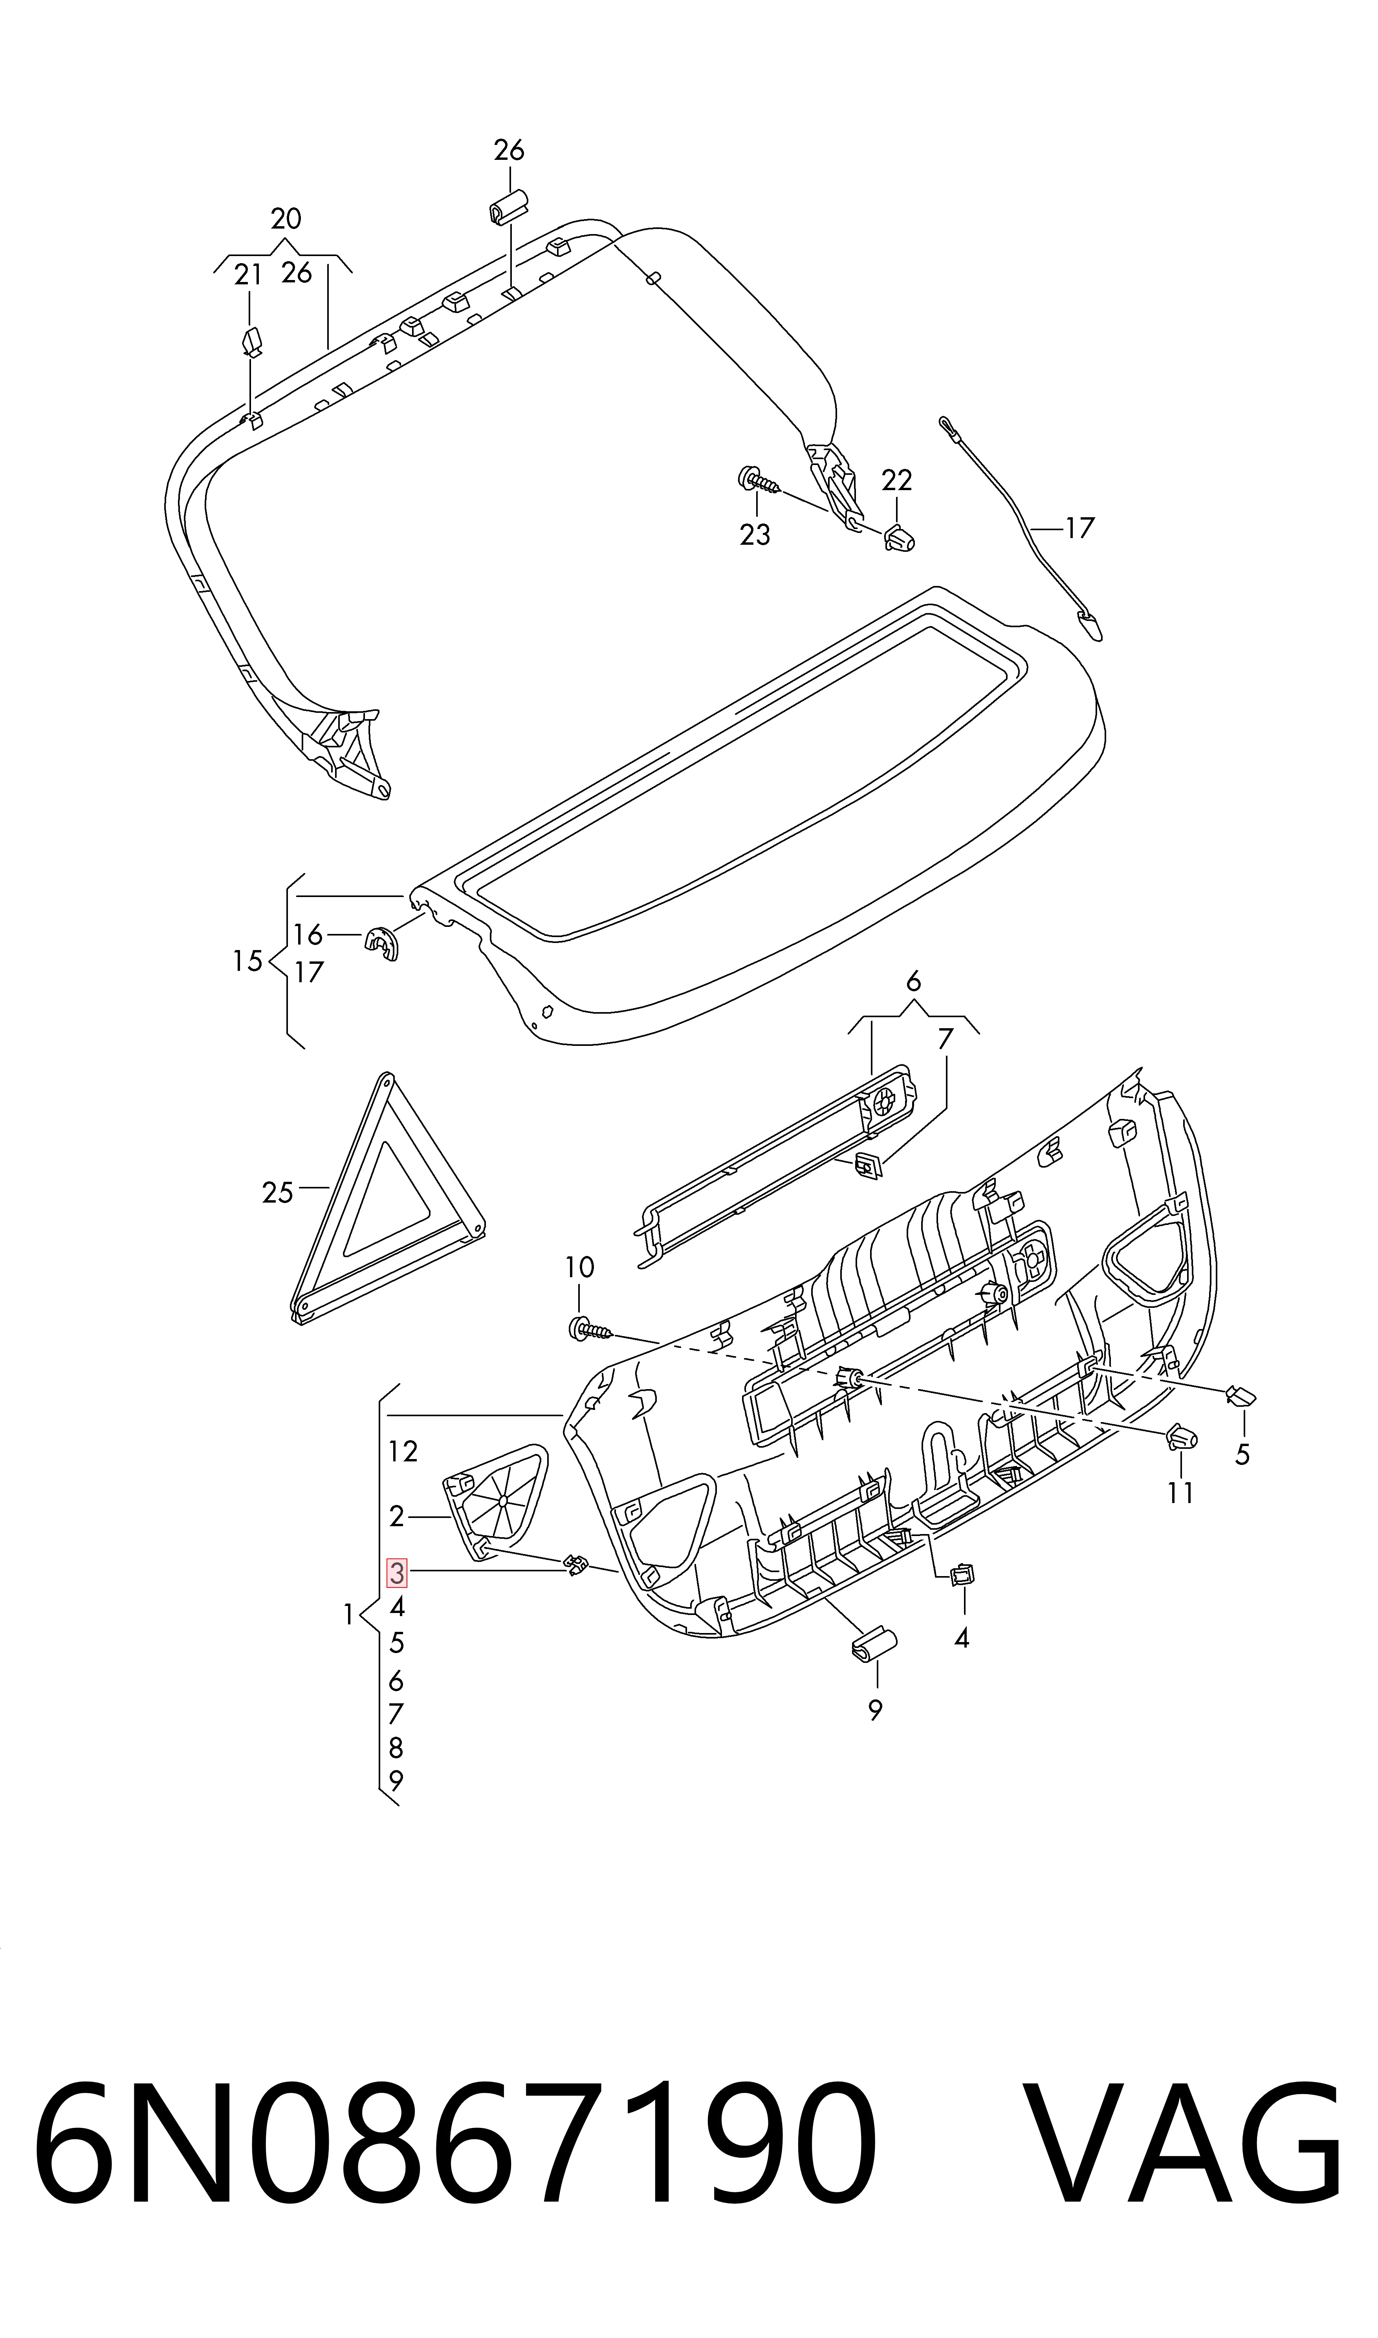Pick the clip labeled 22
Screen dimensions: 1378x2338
pyautogui.click(x=899, y=537)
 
